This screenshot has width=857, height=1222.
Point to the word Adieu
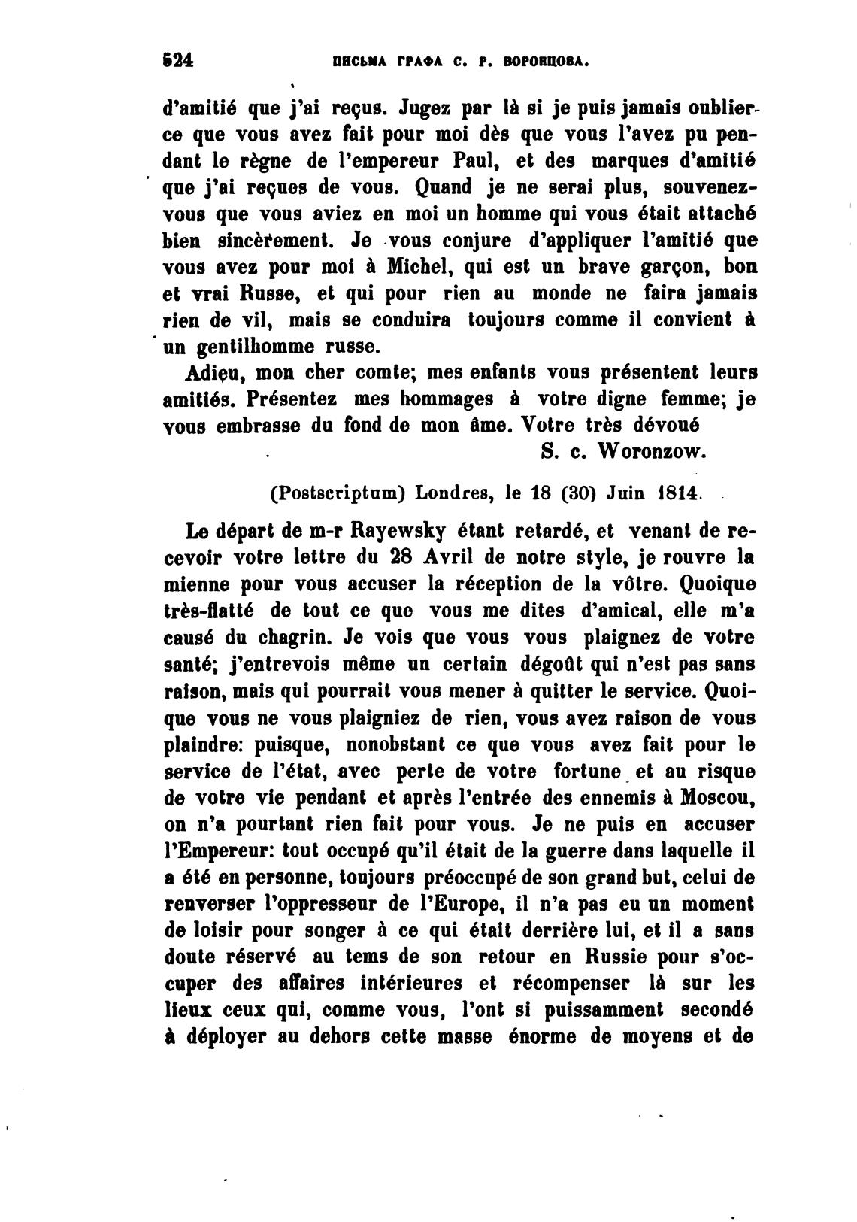pyautogui.click(x=213, y=372)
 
